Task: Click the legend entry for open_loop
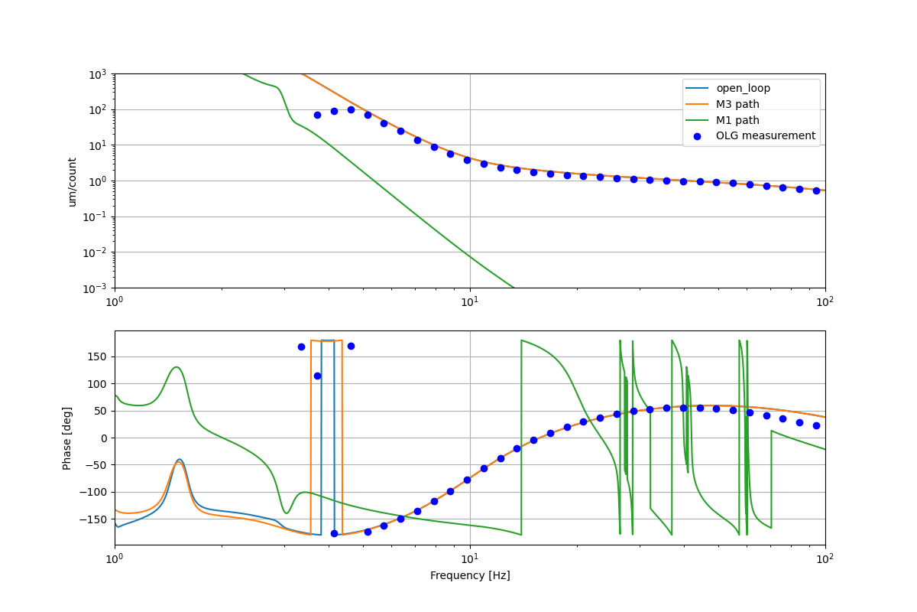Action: click(743, 88)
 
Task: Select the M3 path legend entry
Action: click(737, 104)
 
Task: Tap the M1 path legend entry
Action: click(737, 120)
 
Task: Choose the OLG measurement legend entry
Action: click(765, 136)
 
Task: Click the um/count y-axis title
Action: click(73, 181)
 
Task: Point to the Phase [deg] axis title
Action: click(67, 438)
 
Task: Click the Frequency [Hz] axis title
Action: click(470, 575)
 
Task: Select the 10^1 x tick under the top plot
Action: click(470, 301)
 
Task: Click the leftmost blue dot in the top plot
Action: click(317, 115)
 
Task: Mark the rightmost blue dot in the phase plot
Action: click(816, 425)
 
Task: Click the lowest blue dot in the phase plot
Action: click(334, 533)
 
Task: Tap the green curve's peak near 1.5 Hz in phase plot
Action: click(177, 367)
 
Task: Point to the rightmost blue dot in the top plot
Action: click(816, 190)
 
